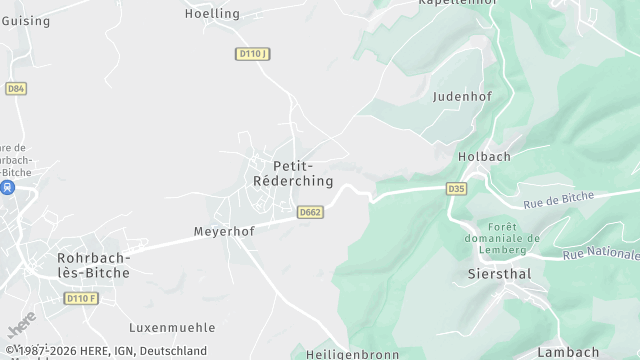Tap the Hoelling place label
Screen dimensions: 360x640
[x=213, y=13]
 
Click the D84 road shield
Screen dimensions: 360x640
[x=15, y=89]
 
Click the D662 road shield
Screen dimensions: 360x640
[x=310, y=212]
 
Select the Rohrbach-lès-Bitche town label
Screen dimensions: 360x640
[x=84, y=265]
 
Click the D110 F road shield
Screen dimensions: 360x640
[x=82, y=298]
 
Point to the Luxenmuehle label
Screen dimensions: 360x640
[x=172, y=327]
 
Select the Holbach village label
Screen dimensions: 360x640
[x=484, y=157]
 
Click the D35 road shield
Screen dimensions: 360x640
[x=457, y=188]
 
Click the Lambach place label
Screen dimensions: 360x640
[x=568, y=352]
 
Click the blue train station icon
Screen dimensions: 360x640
[x=8, y=187]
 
